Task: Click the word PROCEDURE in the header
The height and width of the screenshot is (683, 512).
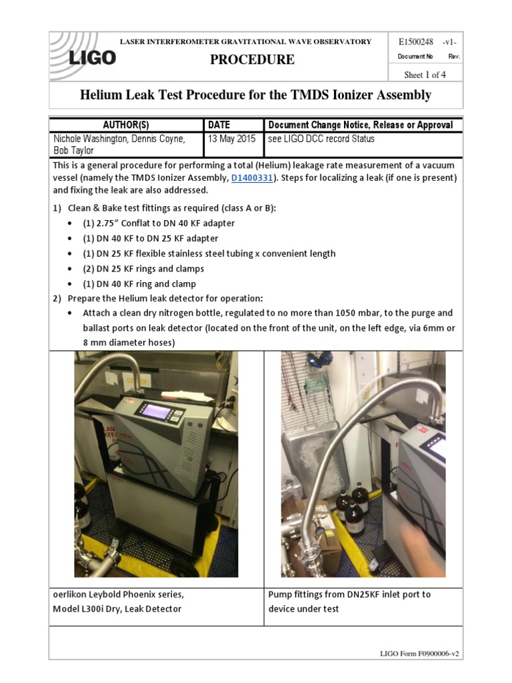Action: pyautogui.click(x=252, y=59)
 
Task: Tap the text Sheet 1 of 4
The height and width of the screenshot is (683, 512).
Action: pyautogui.click(x=425, y=75)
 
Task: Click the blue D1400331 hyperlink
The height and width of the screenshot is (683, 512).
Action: pyautogui.click(x=251, y=178)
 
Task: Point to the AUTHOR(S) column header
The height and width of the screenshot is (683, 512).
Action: pyautogui.click(x=126, y=125)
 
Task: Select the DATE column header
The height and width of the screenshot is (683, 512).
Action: pyautogui.click(x=219, y=125)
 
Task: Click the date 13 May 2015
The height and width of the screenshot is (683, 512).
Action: pyautogui.click(x=231, y=139)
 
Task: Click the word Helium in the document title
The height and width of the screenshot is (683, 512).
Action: pyautogui.click(x=103, y=95)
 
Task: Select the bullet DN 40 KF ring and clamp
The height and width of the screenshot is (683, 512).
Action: pyautogui.click(x=139, y=284)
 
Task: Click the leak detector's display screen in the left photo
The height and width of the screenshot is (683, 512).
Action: pyautogui.click(x=156, y=412)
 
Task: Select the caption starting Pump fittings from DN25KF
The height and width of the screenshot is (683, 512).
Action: pyautogui.click(x=349, y=594)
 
